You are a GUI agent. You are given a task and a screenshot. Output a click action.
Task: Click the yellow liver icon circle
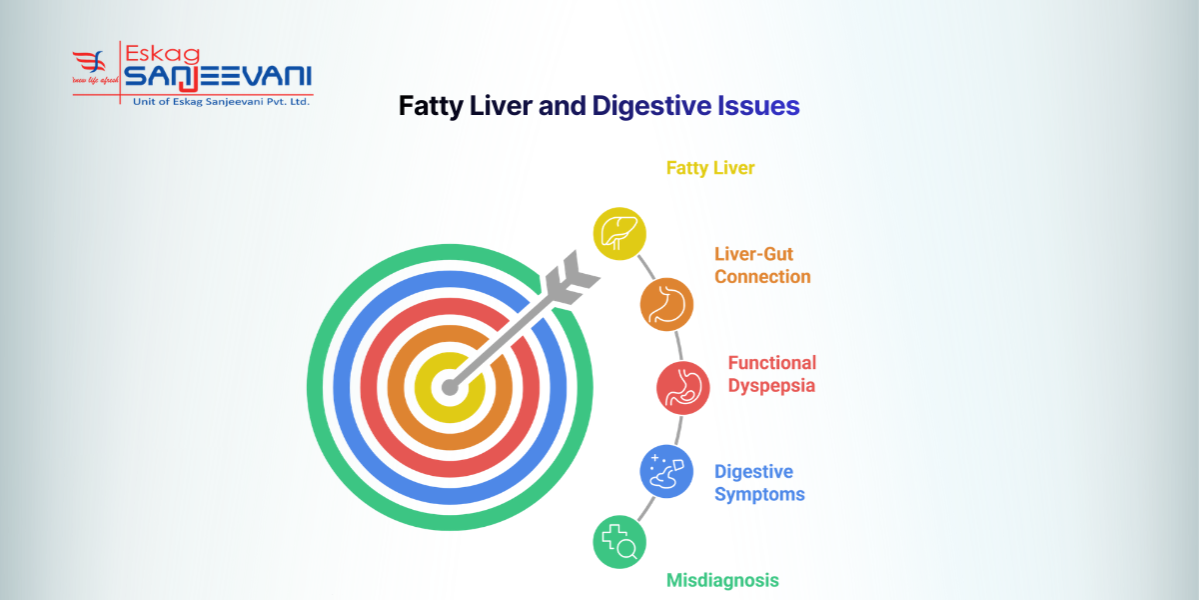click(x=619, y=234)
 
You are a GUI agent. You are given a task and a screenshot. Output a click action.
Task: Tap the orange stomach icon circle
click(x=666, y=304)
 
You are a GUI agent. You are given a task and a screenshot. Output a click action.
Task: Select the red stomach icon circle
click(x=682, y=387)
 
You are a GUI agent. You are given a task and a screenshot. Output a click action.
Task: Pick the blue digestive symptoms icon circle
click(x=666, y=471)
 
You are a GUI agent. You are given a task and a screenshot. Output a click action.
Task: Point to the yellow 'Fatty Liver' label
click(x=710, y=168)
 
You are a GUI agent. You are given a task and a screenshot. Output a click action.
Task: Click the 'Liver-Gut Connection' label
click(x=762, y=265)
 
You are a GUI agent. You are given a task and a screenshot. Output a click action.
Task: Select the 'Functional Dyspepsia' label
click(x=771, y=374)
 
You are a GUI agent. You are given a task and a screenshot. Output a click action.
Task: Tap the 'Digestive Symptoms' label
click(x=759, y=482)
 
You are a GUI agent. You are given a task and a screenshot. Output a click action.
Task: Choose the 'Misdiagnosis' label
click(x=722, y=580)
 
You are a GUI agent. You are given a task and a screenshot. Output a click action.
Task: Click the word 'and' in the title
click(x=563, y=106)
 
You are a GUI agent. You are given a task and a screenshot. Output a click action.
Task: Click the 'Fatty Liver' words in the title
click(x=465, y=106)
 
